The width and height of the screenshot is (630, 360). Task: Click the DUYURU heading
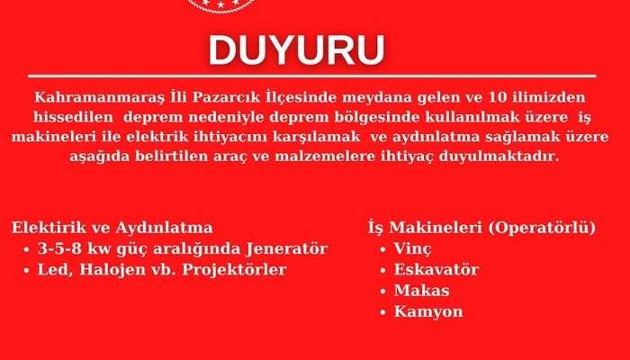point(296,50)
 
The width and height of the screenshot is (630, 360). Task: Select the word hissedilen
point(73,117)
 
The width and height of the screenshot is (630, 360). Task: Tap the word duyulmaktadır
point(499,157)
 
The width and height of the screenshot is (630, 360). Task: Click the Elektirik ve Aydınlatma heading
point(112,228)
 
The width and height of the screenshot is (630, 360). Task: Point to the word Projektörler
point(234,270)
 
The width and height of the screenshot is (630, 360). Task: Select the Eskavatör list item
point(436,270)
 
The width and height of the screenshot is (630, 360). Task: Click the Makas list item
point(421,291)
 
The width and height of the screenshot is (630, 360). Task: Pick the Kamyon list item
point(428,311)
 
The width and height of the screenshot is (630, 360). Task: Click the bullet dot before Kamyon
point(382,312)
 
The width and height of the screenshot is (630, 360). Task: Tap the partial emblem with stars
point(221,5)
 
